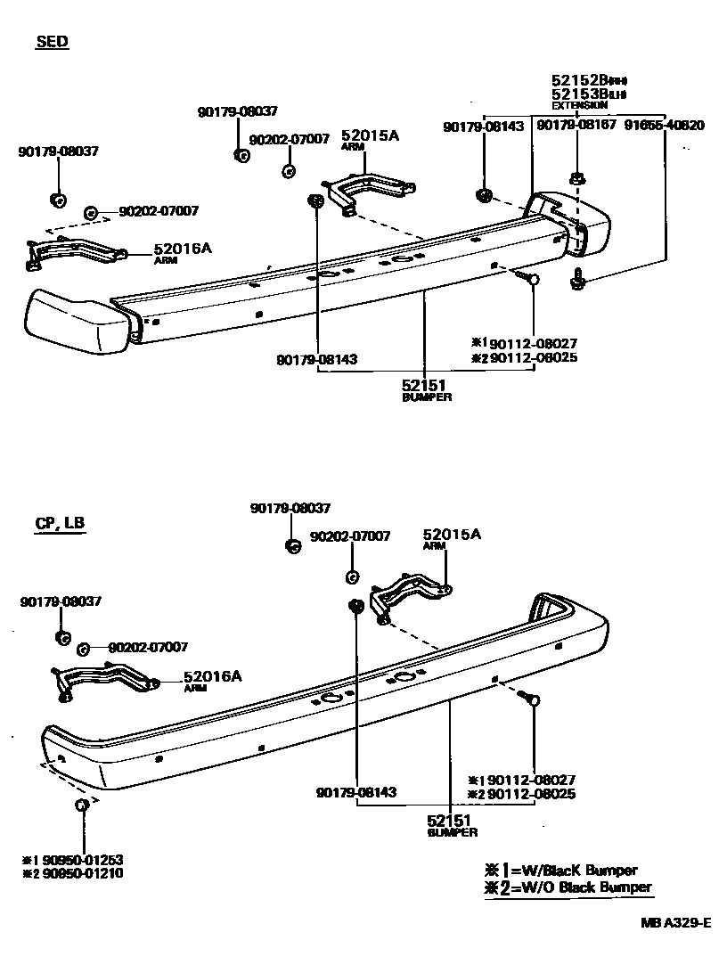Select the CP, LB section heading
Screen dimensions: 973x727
60,523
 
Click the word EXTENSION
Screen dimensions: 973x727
579,105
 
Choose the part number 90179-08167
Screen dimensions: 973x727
576,126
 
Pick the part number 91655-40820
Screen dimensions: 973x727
664,126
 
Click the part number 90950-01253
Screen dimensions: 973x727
79,860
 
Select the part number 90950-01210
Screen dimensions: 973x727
79,873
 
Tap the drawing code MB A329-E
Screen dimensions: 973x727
674,923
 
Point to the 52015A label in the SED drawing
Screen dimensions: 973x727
369,135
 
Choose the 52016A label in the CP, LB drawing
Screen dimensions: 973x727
212,676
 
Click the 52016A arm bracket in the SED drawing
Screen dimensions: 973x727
75,252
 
